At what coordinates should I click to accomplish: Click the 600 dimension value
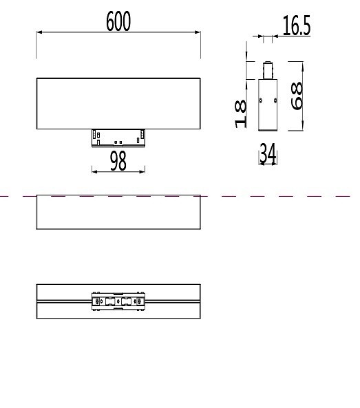118,22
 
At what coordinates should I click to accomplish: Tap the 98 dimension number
118,161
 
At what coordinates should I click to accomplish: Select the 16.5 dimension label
297,26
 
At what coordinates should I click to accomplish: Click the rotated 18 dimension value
241,114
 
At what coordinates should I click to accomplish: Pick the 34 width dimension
268,154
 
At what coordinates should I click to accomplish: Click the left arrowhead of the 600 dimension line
39,32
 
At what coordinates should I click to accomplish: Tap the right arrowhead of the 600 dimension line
198,32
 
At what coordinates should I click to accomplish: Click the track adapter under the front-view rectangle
118,137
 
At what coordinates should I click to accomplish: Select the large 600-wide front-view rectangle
118,103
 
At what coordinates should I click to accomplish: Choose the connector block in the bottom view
118,301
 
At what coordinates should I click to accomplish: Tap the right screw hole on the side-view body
275,101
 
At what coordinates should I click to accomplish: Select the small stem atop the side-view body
267,72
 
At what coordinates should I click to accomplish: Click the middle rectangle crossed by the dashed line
118,212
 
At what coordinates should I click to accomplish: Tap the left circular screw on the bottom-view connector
98,301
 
